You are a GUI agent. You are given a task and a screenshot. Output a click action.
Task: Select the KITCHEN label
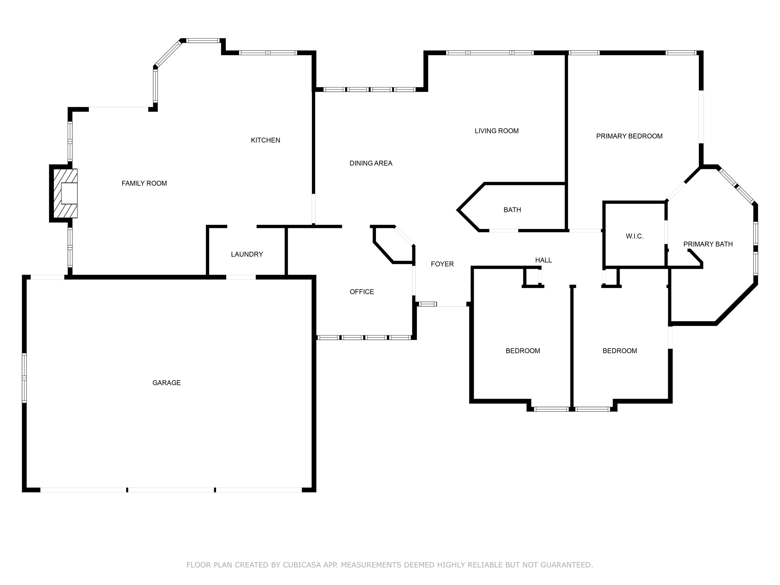(265, 140)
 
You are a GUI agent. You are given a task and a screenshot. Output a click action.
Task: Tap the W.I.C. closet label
(634, 236)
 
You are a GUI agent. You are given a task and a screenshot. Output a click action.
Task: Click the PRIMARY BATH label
(708, 244)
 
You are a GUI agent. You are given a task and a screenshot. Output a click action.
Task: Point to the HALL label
(543, 260)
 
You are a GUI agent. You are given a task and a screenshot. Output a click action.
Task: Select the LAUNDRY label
(247, 254)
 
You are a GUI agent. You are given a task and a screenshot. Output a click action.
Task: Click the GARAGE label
(166, 383)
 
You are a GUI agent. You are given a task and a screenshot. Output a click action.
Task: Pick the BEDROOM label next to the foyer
(523, 351)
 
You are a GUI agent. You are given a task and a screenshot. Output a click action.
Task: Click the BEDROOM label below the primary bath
(620, 351)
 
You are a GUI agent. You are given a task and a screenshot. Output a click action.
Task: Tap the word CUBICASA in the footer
(302, 565)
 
